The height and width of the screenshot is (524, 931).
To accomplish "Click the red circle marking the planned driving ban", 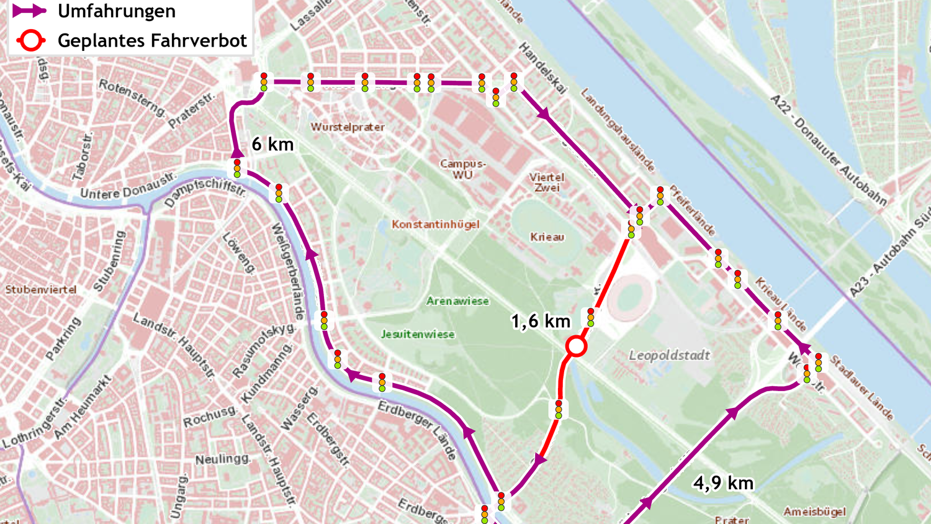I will click(x=577, y=346).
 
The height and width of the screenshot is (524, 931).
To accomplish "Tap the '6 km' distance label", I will click(x=272, y=145).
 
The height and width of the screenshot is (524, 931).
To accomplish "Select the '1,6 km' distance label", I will click(x=541, y=321).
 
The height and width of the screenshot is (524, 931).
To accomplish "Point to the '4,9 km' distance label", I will click(x=724, y=483).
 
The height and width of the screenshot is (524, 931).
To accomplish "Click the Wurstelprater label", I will click(x=348, y=127).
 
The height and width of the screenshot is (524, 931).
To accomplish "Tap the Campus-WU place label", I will click(x=463, y=169).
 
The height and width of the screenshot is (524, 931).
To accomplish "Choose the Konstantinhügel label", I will click(x=436, y=224).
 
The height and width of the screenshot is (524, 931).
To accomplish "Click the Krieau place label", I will click(x=547, y=237).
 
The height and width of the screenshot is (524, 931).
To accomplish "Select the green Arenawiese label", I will click(x=457, y=301).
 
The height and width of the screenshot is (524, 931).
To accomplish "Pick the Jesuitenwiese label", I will click(x=418, y=335).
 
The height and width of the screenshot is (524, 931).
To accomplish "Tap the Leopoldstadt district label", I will click(x=669, y=356).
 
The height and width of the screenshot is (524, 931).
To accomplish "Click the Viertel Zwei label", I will click(x=547, y=183).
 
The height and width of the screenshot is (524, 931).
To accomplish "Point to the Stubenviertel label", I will click(x=41, y=290).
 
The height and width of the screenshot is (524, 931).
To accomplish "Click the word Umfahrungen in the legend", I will click(x=117, y=11).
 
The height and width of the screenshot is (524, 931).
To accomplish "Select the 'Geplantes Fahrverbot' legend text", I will click(x=152, y=41).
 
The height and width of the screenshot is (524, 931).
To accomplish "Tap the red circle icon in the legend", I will click(x=30, y=41).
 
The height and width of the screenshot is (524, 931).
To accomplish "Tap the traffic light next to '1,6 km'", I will click(x=590, y=317).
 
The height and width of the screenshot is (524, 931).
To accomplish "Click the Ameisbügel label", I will click(x=814, y=512).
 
